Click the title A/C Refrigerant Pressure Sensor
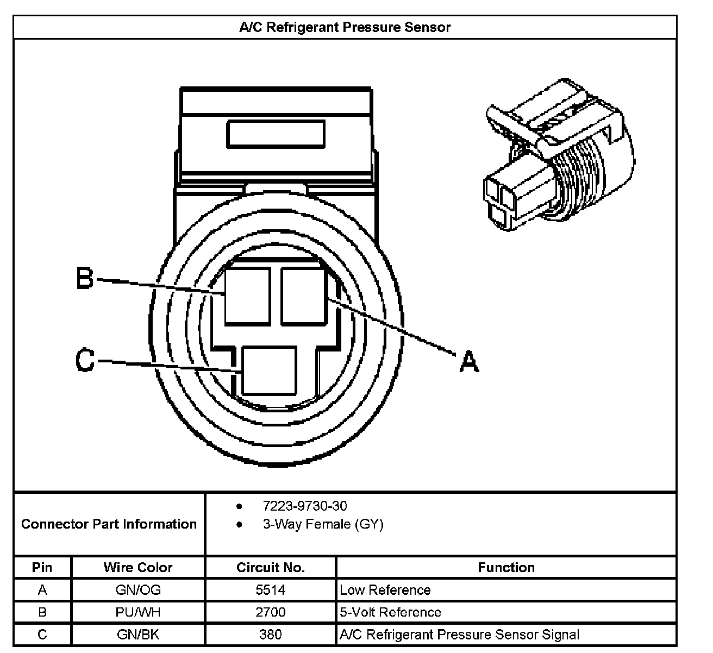[345, 27]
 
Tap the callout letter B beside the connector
[85, 278]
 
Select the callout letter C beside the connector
[85, 360]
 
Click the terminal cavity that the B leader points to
[247, 297]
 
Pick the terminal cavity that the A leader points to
[304, 297]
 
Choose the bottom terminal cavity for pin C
[269, 371]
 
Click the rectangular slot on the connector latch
[276, 134]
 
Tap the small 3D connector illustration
[559, 155]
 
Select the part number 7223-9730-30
[305, 506]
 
